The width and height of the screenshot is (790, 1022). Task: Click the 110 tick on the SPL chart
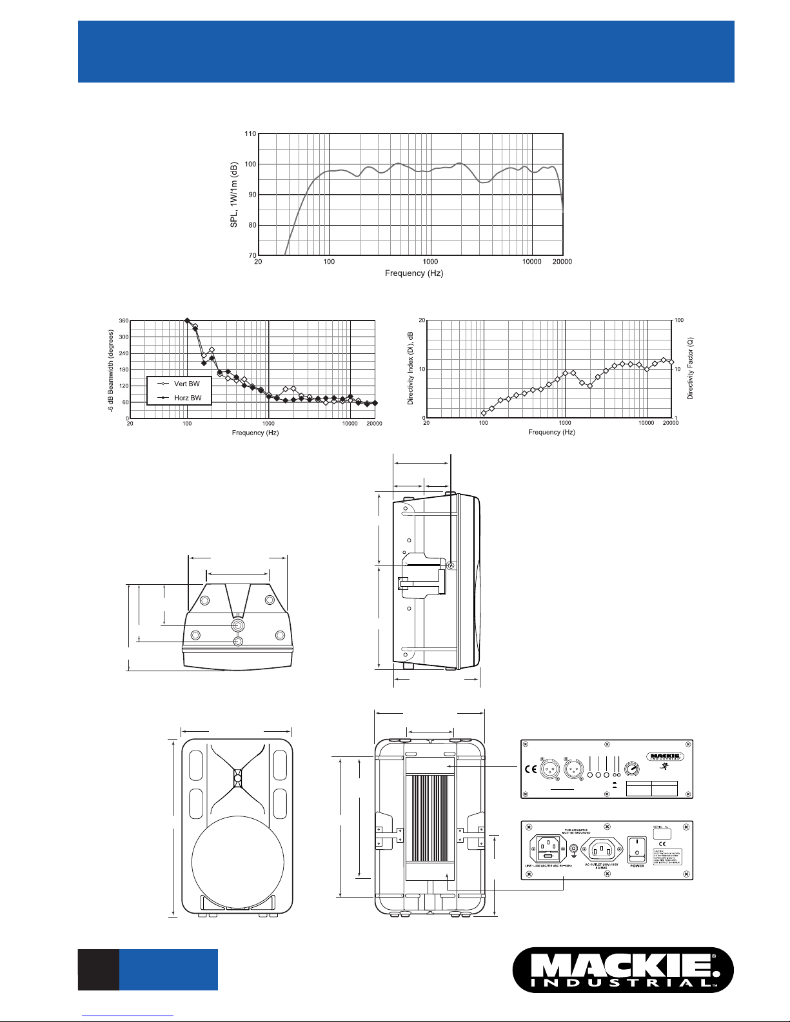tap(250, 134)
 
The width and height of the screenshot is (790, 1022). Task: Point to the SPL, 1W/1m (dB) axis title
tap(235, 194)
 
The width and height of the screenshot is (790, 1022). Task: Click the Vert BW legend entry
tap(186, 384)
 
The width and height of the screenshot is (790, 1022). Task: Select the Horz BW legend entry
tap(187, 398)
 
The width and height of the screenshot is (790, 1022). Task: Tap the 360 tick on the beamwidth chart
tap(123, 320)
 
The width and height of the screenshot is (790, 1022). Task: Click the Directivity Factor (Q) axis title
tap(690, 369)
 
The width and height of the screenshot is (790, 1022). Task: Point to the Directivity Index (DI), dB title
tap(411, 369)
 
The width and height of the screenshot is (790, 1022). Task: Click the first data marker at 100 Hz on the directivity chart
tap(484, 413)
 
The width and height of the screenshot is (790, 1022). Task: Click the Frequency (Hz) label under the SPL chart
tap(414, 273)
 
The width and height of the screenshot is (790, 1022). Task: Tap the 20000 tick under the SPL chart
tap(562, 262)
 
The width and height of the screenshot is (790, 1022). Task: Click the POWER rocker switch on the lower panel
tap(637, 848)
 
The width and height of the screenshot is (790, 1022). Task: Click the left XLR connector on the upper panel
tap(549, 769)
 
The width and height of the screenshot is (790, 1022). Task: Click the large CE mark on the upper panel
tap(531, 769)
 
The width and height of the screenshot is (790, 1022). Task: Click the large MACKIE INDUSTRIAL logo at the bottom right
tap(623, 970)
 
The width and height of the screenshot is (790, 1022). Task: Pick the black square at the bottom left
tap(99, 969)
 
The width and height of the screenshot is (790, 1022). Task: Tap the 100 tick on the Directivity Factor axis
tap(679, 320)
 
